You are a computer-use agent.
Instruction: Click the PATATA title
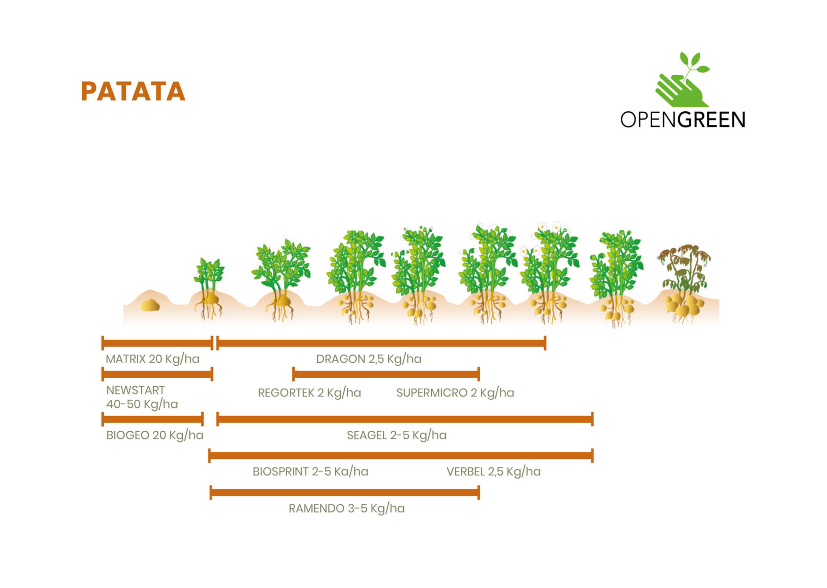click(133, 91)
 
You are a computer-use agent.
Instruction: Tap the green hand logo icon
click(682, 79)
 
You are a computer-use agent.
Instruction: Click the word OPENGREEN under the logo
click(683, 120)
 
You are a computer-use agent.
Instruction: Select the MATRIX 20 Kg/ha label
click(152, 359)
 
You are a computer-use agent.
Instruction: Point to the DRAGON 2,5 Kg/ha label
click(369, 359)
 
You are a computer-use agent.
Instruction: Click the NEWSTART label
click(136, 390)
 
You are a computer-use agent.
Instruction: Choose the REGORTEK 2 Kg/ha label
click(309, 393)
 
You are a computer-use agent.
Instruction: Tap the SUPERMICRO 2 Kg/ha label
click(455, 393)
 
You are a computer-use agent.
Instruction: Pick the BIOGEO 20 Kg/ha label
click(155, 435)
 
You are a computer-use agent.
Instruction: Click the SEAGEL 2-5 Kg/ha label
click(397, 435)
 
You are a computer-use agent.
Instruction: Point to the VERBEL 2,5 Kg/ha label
click(494, 471)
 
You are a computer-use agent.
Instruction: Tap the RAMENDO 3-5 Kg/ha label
click(347, 509)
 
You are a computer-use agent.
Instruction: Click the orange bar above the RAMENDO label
click(345, 492)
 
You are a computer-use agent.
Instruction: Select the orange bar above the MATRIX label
click(157, 343)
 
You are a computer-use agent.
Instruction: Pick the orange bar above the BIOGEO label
click(152, 419)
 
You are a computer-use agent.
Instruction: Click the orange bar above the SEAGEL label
click(405, 419)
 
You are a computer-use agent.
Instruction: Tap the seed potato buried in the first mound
click(150, 305)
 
